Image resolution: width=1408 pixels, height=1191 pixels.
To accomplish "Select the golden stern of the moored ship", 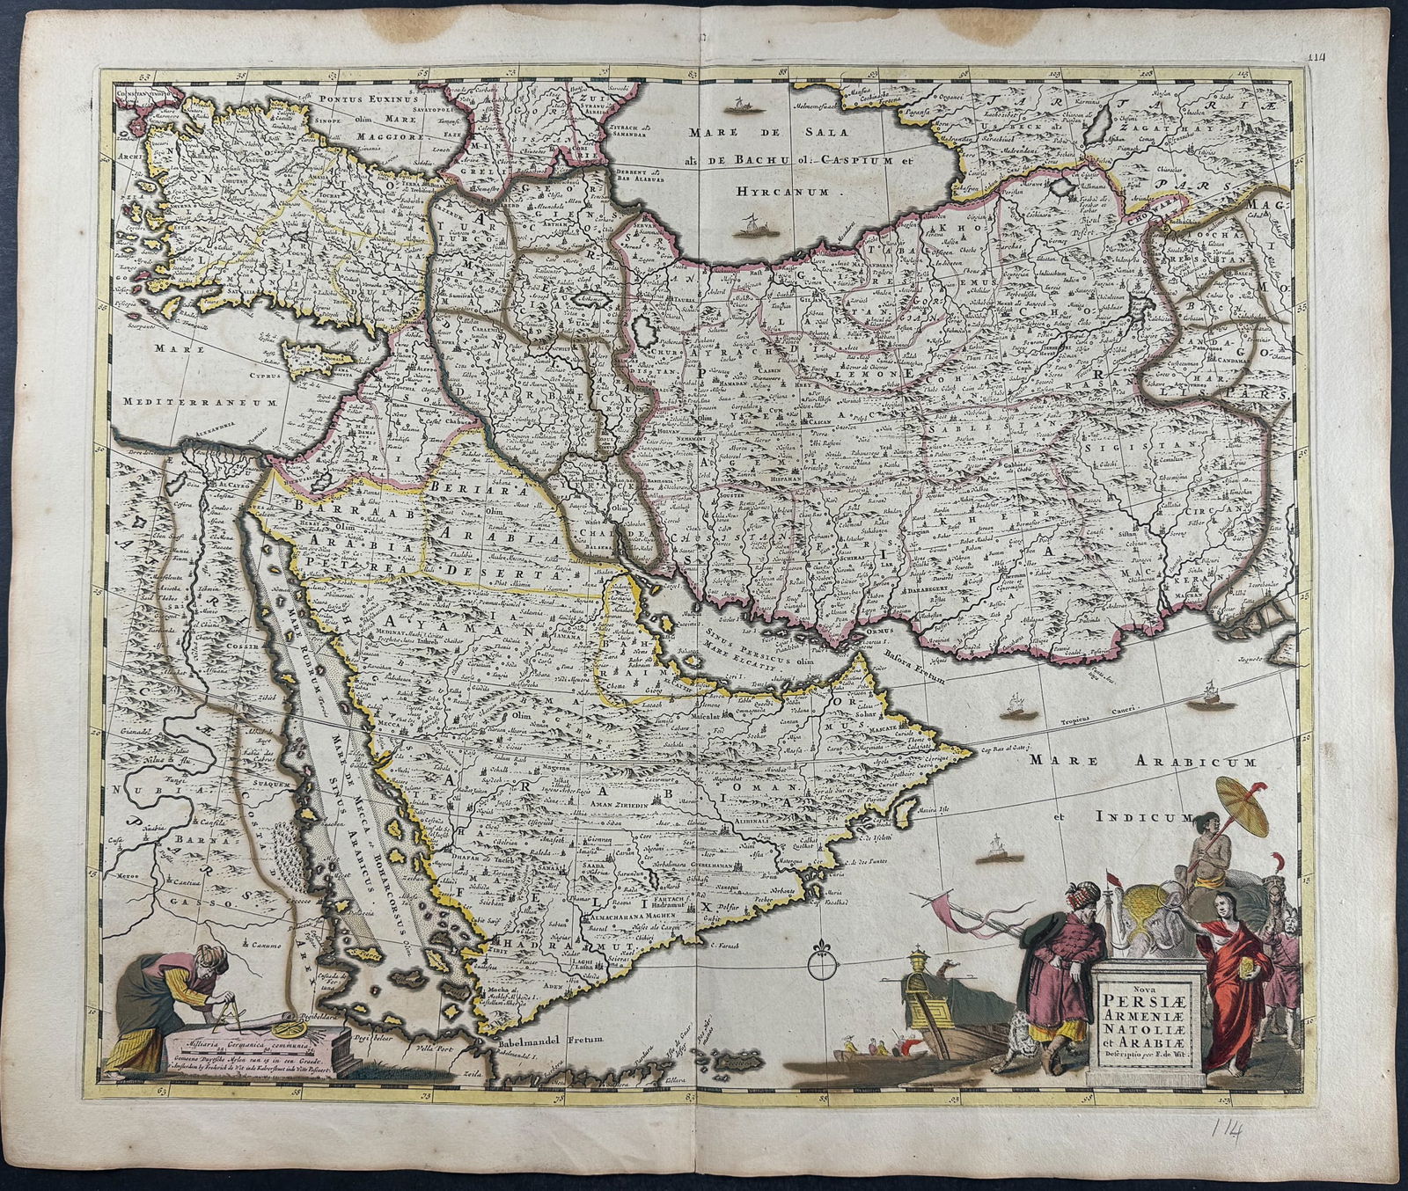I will point(920,985).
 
